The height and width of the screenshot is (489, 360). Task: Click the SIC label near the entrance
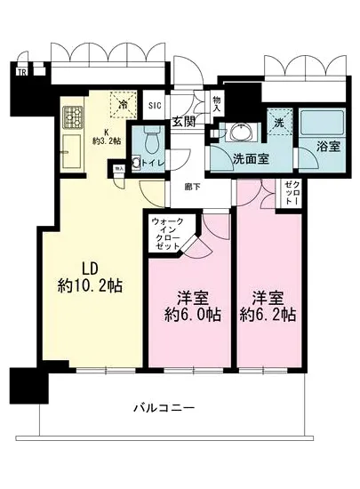tap(154, 105)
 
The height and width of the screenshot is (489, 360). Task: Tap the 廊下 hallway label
tap(192, 187)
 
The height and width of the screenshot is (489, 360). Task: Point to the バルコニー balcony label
tap(164, 407)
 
